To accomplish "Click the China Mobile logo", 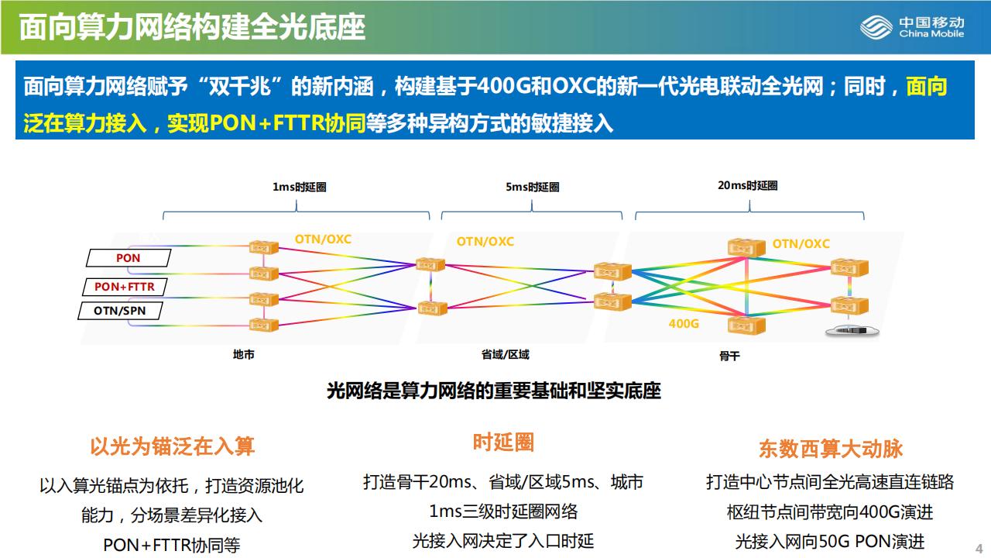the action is (912, 28).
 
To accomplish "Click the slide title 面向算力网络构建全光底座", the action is (192, 28).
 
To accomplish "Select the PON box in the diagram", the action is (128, 257).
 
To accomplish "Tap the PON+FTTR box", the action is (124, 287).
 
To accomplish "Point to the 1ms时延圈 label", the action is (299, 187).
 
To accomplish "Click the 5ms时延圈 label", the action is (532, 187).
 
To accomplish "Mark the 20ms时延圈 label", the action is (747, 185).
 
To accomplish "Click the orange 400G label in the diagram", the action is (683, 323).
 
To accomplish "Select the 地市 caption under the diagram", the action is (243, 354).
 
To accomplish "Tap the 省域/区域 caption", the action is (505, 354).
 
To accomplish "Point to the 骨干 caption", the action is (729, 356).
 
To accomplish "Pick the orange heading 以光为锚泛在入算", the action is (172, 446).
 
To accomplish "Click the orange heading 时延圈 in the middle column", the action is (503, 443).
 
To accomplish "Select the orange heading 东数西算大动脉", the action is (830, 449).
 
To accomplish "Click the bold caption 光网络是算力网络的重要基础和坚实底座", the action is (494, 391).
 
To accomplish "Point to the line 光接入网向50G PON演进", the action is (829, 541).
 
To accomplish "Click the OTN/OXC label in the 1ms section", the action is (323, 239).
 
